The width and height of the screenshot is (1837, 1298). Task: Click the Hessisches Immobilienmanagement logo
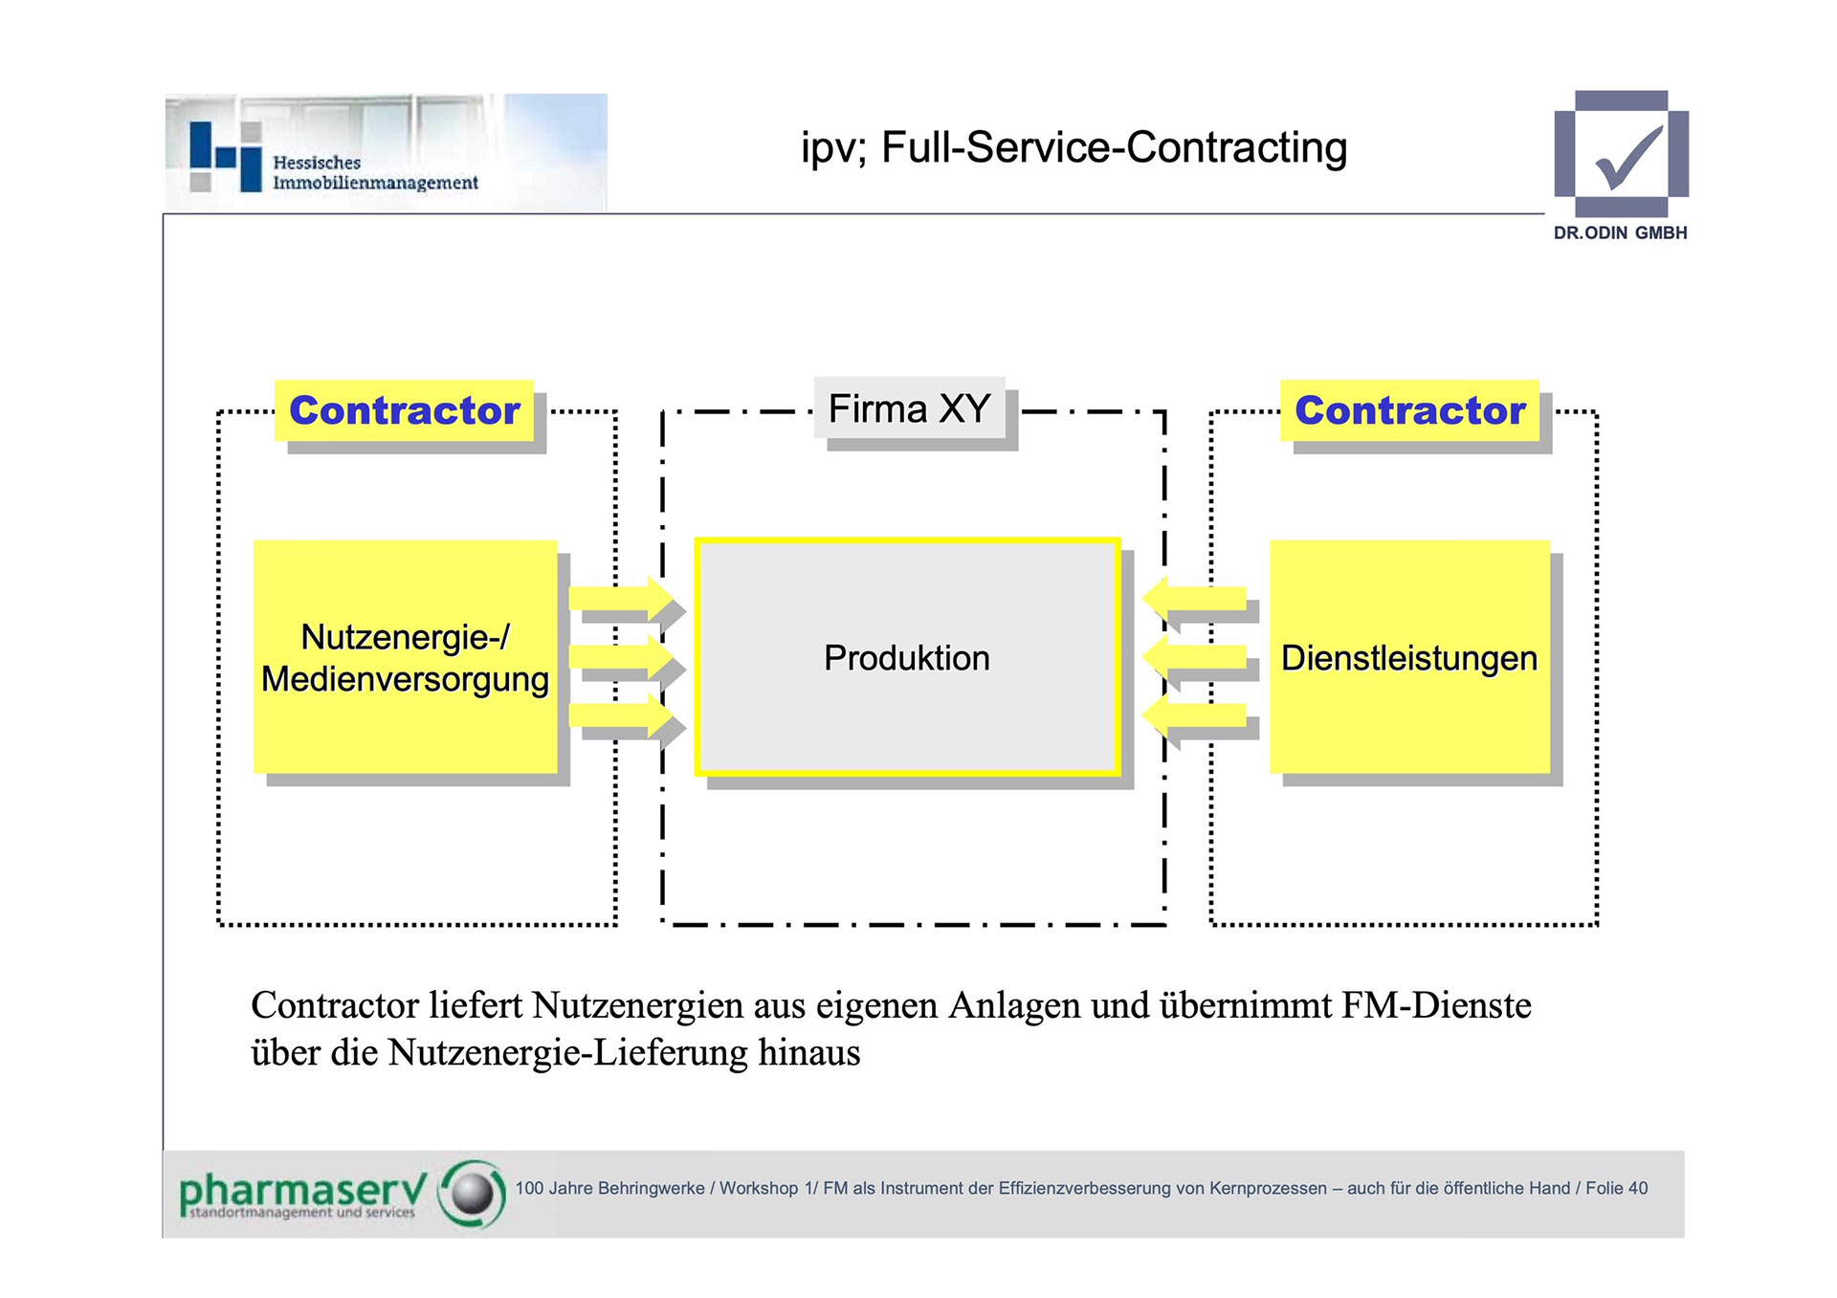pos(383,153)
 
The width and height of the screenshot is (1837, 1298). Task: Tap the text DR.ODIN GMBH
pos(1620,232)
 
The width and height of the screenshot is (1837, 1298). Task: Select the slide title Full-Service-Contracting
pos(1073,147)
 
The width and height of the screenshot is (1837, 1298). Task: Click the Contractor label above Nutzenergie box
pos(404,410)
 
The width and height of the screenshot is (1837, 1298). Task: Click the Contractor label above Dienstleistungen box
pos(1409,410)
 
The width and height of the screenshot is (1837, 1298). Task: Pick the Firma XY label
pos(909,408)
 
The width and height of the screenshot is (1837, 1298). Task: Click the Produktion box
pos(907,657)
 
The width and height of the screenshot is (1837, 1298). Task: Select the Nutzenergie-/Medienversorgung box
pos(405,657)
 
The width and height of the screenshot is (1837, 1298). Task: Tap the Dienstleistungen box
pos(1409,657)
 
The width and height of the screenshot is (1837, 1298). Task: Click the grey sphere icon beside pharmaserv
pos(472,1193)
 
